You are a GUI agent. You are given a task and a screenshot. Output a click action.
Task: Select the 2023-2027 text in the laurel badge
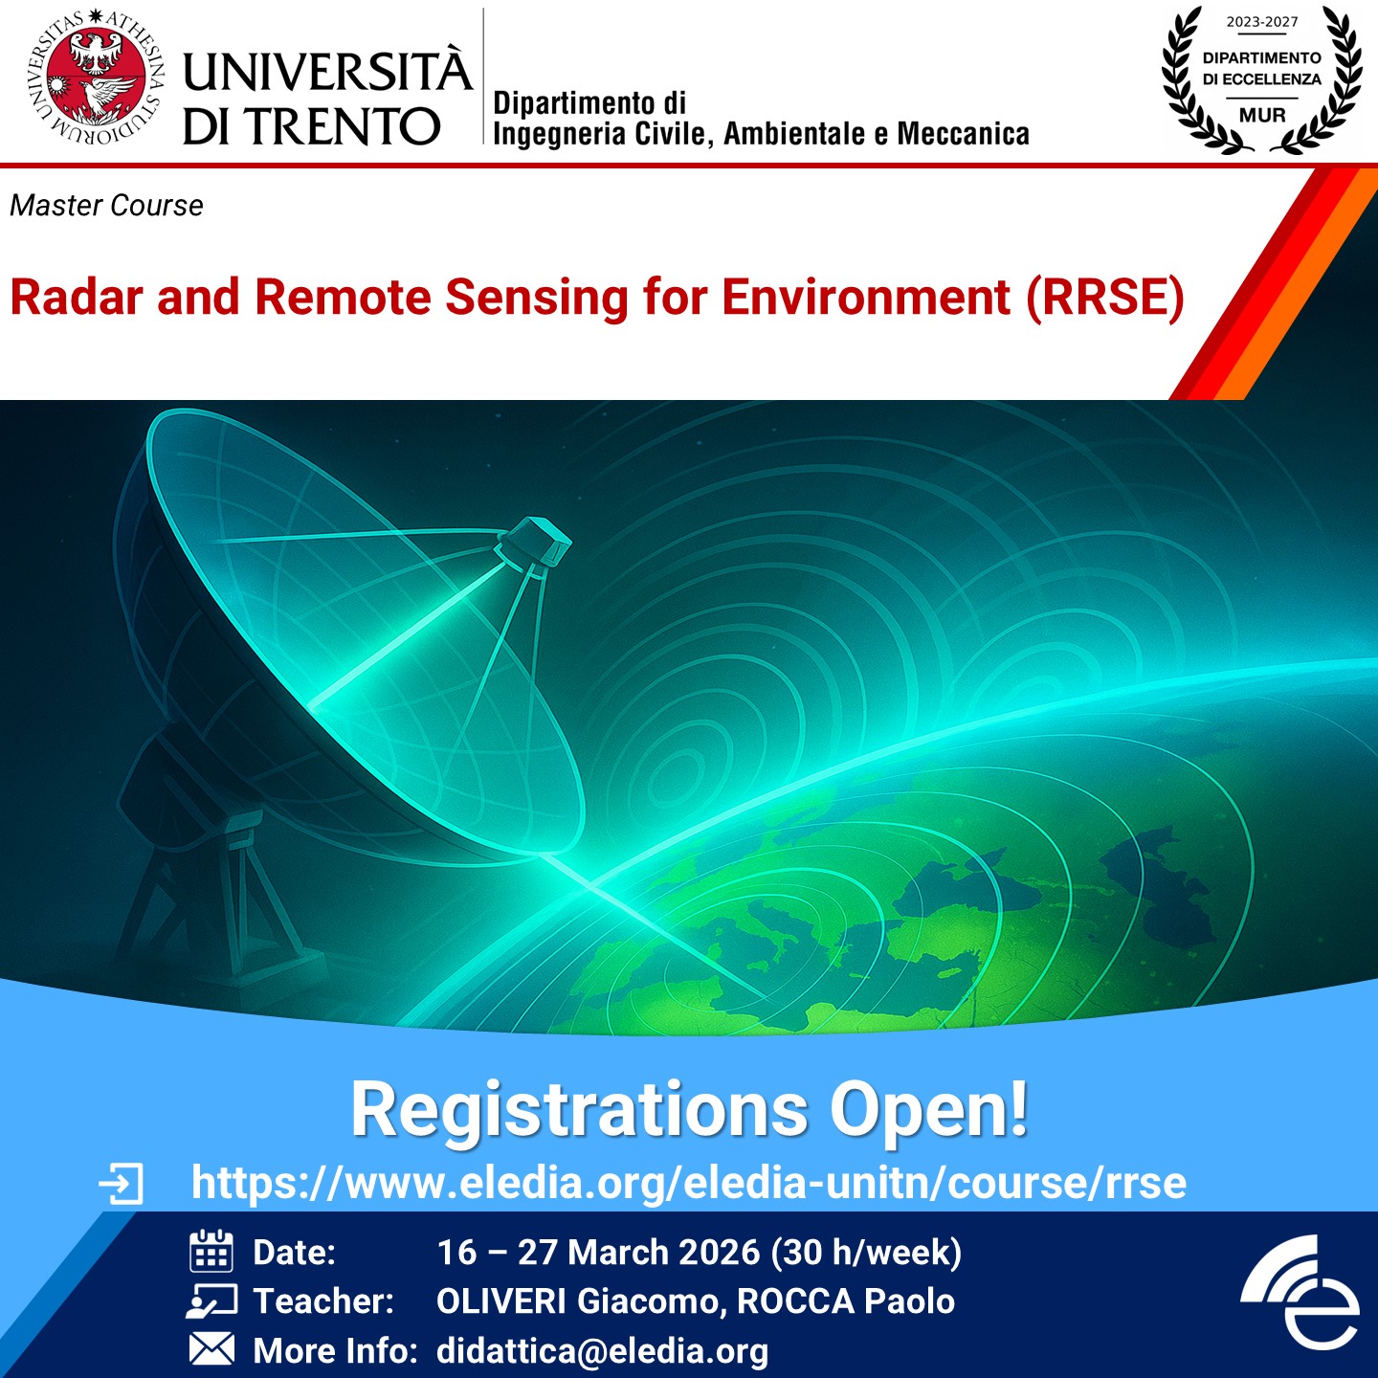pyautogui.click(x=1262, y=22)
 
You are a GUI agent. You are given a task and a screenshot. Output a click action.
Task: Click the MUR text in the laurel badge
pyautogui.click(x=1262, y=115)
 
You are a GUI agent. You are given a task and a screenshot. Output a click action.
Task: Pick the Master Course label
pyautogui.click(x=106, y=206)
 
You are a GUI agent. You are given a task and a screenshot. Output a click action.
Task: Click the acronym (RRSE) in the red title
pyautogui.click(x=1105, y=297)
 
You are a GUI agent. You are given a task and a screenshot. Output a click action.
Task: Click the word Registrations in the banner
pyautogui.click(x=579, y=1111)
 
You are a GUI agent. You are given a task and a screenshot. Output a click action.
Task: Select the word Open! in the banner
pyautogui.click(x=928, y=1112)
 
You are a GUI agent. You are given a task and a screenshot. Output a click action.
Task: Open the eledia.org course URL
pyautogui.click(x=689, y=1183)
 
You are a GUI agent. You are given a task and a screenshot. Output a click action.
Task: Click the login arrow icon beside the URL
pyautogui.click(x=121, y=1184)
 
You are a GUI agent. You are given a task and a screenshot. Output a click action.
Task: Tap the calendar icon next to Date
pyautogui.click(x=211, y=1252)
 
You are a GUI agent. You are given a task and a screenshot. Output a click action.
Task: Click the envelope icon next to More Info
pyautogui.click(x=211, y=1348)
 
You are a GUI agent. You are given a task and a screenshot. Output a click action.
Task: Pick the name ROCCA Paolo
pyautogui.click(x=845, y=1301)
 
